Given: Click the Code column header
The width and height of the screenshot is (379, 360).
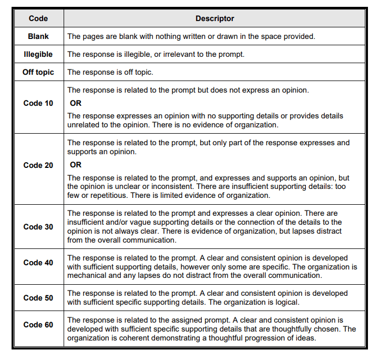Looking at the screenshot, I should [38, 18].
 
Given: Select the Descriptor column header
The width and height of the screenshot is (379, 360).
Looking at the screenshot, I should [214, 18].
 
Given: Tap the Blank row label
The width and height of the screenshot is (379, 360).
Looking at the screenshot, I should [38, 36].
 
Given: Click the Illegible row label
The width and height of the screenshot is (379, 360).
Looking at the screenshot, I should [38, 54].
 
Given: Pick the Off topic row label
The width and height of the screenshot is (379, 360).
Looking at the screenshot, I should [38, 72].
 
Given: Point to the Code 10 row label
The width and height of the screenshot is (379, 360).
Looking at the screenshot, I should [38, 103].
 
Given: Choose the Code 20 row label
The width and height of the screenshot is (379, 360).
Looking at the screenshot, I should [38, 165].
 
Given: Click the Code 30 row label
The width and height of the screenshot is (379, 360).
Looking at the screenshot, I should [38, 227].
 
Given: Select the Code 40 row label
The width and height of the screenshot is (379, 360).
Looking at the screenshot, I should [38, 263].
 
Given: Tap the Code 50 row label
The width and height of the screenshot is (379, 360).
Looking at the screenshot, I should [38, 298].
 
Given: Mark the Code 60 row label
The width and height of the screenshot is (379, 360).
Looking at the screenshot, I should [38, 325].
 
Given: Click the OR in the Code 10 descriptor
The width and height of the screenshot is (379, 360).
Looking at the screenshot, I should [76, 103].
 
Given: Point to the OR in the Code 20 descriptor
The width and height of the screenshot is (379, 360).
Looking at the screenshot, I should [76, 165].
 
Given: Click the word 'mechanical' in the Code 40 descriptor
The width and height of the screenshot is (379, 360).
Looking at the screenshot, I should [86, 276].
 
